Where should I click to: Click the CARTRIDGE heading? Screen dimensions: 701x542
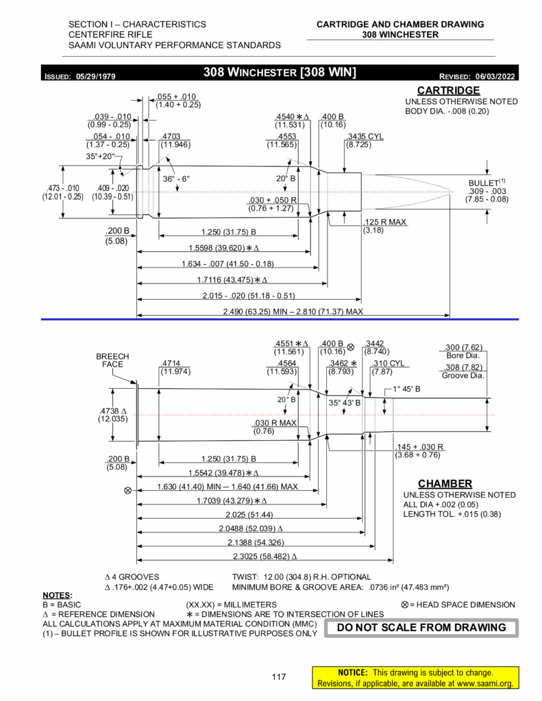(448, 90)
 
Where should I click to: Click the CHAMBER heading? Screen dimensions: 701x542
(445, 483)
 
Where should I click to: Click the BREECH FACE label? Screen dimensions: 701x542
(112, 361)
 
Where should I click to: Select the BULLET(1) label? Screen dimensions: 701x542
(486, 183)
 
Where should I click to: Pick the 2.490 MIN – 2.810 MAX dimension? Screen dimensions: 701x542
(293, 312)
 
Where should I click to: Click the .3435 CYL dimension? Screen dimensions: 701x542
(365, 136)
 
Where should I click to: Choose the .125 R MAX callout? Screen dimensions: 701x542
(384, 222)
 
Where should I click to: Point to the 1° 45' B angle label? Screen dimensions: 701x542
(406, 389)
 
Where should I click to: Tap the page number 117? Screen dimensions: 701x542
(278, 677)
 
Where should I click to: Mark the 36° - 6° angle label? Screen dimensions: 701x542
(175, 179)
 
